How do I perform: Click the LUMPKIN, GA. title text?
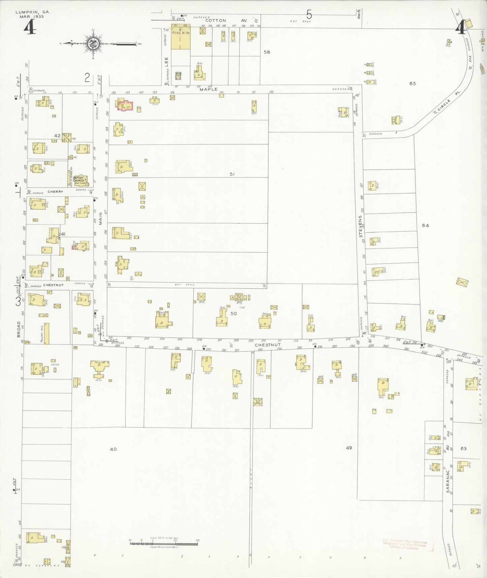click(33, 12)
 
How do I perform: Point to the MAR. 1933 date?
click(32, 16)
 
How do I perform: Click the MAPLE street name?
click(209, 89)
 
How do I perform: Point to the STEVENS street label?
click(361, 227)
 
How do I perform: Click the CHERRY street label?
click(55, 192)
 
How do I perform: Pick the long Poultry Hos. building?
click(47, 334)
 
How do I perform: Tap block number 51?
click(232, 174)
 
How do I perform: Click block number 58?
click(267, 52)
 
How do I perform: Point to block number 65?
click(413, 83)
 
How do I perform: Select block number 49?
click(349, 447)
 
